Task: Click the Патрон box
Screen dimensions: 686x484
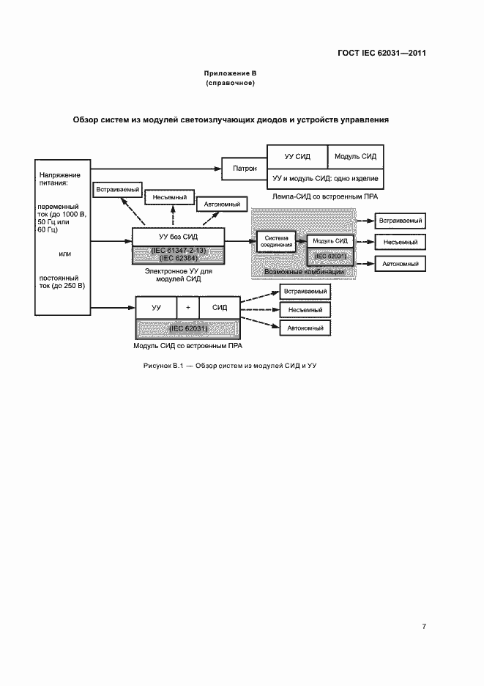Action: click(x=245, y=168)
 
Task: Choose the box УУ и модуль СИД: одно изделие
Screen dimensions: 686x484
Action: click(x=324, y=179)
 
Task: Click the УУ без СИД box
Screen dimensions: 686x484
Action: click(x=178, y=237)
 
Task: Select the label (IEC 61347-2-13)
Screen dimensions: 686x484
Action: click(x=178, y=251)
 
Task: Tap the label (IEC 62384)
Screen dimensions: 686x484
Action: click(x=178, y=258)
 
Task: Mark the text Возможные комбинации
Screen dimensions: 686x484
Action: click(x=304, y=272)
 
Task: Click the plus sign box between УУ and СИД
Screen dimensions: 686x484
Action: click(x=187, y=308)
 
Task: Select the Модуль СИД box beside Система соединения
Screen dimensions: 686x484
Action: click(x=330, y=240)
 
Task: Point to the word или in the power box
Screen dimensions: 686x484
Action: click(x=63, y=254)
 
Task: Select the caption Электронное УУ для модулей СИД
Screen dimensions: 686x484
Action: click(x=178, y=275)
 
